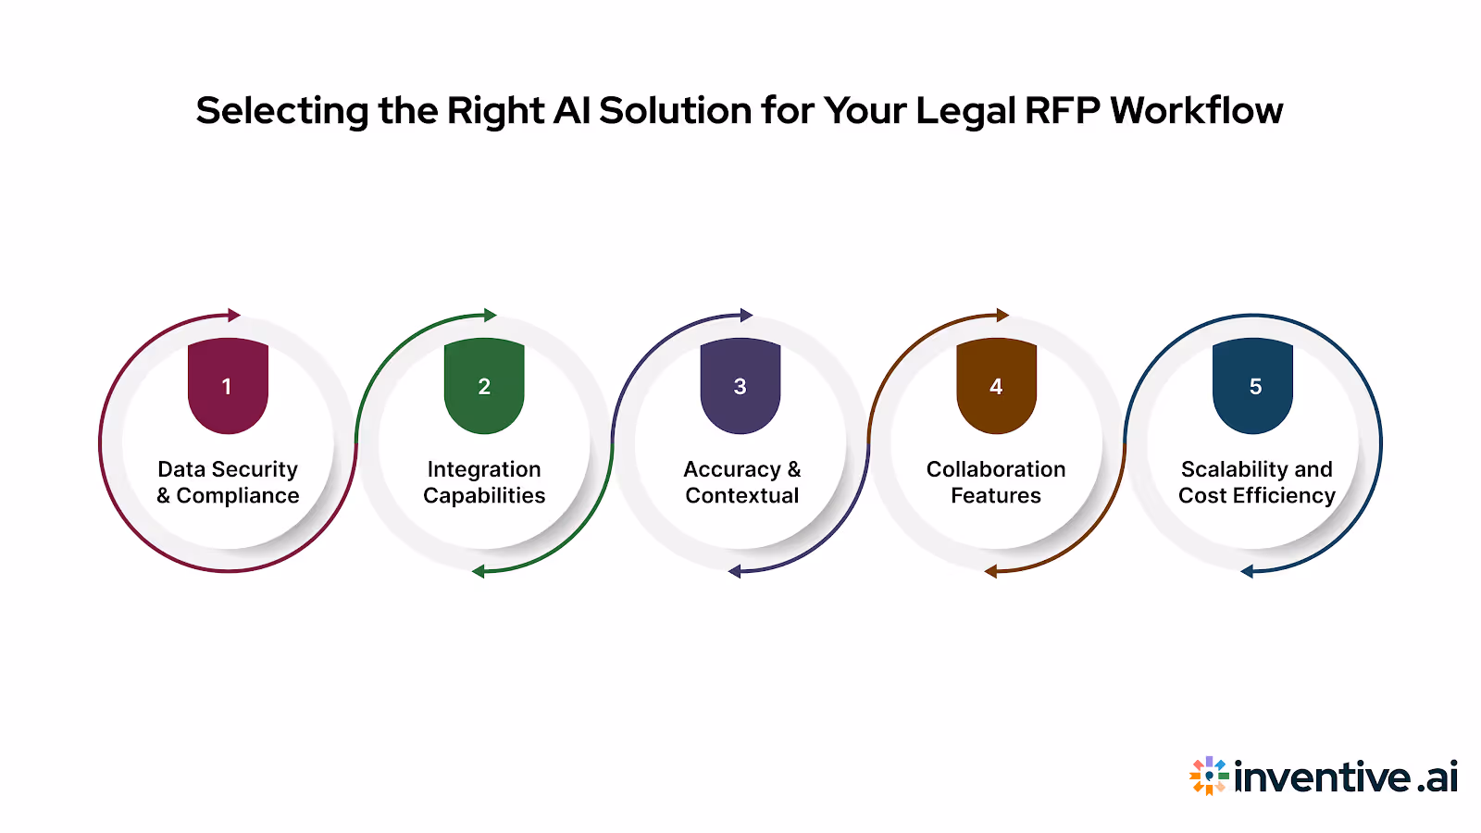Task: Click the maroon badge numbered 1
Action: (228, 386)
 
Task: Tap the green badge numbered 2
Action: (484, 386)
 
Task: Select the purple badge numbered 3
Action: (740, 386)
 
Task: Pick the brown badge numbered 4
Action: (996, 386)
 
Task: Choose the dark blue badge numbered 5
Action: (1252, 386)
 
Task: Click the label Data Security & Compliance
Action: (228, 482)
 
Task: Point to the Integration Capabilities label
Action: (484, 482)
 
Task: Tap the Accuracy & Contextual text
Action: (741, 482)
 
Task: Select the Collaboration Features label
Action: (996, 482)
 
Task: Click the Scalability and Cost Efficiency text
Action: (1256, 482)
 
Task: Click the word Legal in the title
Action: (965, 111)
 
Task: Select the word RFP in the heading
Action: (1062, 110)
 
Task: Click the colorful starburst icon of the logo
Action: (1209, 776)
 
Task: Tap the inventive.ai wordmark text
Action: (1346, 777)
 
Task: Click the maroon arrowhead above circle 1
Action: (234, 316)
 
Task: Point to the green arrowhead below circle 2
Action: (479, 571)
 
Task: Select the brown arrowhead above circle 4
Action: (1002, 316)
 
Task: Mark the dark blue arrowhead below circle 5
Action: (1247, 571)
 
